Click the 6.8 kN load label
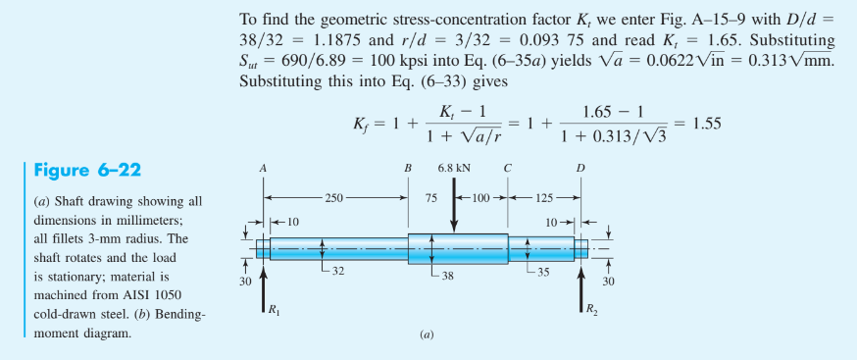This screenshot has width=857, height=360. (453, 169)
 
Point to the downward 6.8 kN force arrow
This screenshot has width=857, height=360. (453, 206)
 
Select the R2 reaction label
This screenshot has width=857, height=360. (588, 312)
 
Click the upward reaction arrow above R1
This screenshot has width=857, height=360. (263, 284)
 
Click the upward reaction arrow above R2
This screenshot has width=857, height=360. (580, 284)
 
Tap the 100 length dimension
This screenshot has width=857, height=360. (480, 198)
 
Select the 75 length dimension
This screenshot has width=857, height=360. (430, 198)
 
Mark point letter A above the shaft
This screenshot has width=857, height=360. (263, 169)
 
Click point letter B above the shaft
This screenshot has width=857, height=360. (408, 169)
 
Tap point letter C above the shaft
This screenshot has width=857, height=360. (507, 169)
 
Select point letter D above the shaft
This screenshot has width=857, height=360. (580, 169)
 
